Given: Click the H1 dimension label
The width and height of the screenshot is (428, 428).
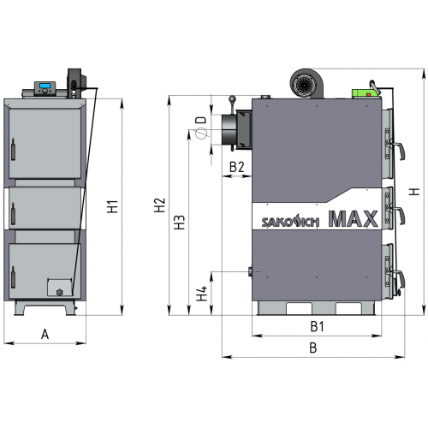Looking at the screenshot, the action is (x=113, y=206).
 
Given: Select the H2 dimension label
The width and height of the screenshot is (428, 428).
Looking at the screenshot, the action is (x=160, y=205).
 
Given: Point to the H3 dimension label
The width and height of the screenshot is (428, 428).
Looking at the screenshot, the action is (x=180, y=223).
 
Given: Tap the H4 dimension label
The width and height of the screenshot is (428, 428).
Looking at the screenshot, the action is (x=202, y=294).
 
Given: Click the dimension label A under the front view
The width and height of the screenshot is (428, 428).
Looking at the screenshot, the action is (x=45, y=334).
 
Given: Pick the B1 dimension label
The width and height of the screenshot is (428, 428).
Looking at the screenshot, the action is (x=317, y=326).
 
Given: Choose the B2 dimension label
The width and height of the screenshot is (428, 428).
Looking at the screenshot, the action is (x=237, y=167).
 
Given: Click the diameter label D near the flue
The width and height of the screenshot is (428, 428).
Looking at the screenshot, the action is (x=201, y=120).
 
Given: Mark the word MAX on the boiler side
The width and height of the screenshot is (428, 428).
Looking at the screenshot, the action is (x=354, y=219).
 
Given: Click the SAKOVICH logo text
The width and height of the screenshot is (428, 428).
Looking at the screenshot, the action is (x=290, y=221).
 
